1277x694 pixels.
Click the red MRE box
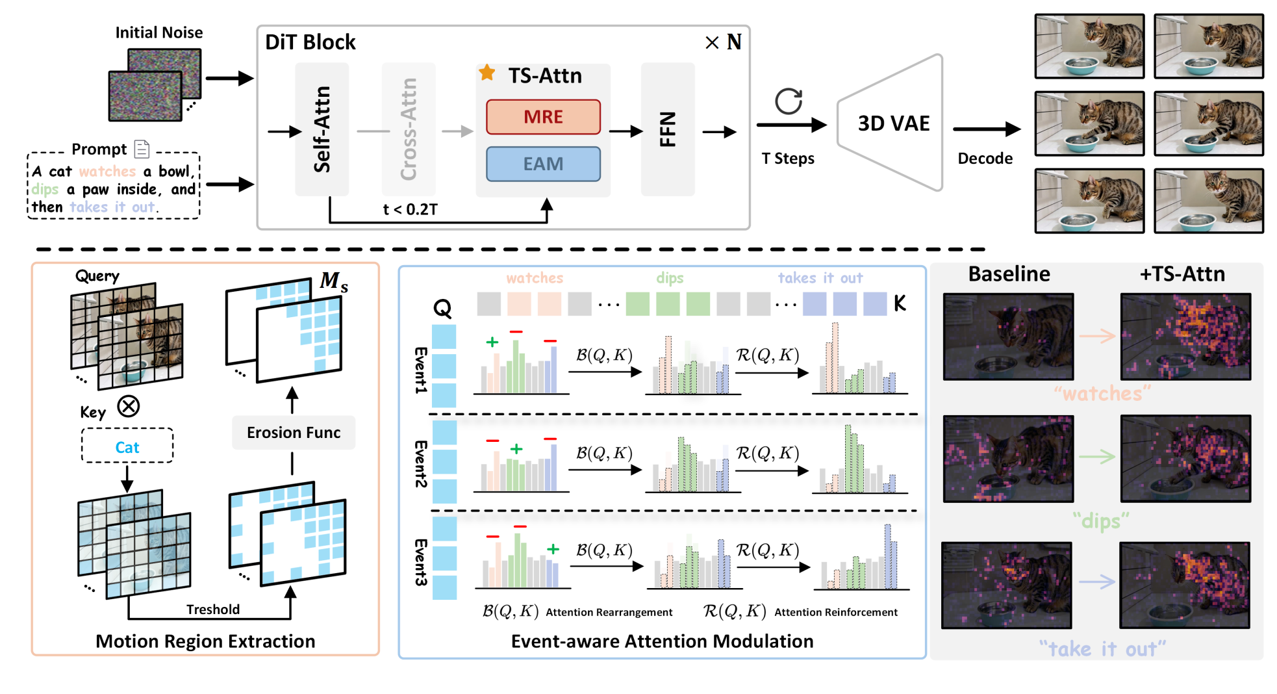coord(543,117)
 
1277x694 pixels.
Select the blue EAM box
coord(543,164)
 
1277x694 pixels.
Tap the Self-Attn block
coord(322,129)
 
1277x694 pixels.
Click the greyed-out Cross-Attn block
coord(409,129)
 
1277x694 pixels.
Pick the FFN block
coord(668,129)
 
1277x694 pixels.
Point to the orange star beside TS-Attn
coord(487,73)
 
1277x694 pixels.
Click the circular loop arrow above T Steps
coord(789,101)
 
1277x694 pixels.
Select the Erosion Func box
coord(294,433)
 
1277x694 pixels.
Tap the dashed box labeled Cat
coord(127,447)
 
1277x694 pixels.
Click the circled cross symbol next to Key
coord(129,407)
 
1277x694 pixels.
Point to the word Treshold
coord(213,610)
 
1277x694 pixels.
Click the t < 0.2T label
coord(411,209)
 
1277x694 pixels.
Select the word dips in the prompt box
coord(45,189)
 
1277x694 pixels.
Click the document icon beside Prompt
coord(142,149)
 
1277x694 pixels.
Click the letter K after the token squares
coord(900,303)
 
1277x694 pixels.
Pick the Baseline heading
coord(1009,274)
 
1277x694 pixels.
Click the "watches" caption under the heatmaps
coord(1102,394)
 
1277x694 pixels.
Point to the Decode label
coord(985,159)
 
